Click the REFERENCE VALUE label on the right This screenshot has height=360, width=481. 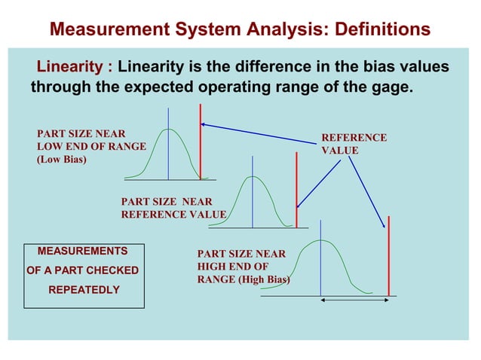point(354,144)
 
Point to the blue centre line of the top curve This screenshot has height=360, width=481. point(168,143)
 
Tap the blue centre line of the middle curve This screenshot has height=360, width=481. point(253,191)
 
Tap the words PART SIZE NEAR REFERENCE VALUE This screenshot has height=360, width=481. point(173,208)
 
